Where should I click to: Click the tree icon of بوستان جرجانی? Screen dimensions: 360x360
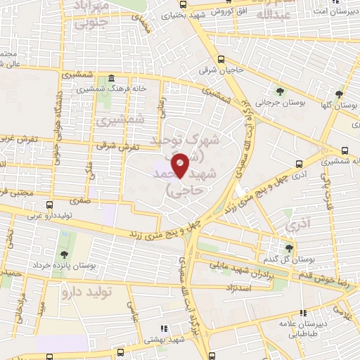pos(281,91)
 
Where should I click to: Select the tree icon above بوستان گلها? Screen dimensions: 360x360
pos(339,94)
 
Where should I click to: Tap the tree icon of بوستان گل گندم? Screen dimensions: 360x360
pos(288,247)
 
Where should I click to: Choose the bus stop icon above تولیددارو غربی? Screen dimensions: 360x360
pos(49,205)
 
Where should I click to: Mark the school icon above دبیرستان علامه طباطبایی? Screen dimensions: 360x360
pos(303,314)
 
